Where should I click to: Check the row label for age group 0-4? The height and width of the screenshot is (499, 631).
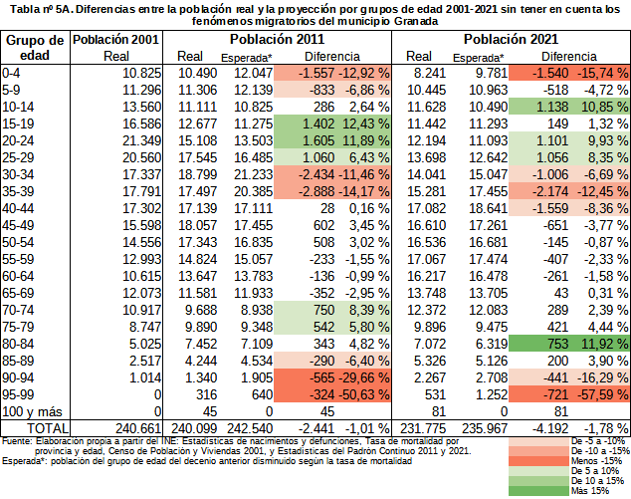pyautogui.click(x=13, y=73)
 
